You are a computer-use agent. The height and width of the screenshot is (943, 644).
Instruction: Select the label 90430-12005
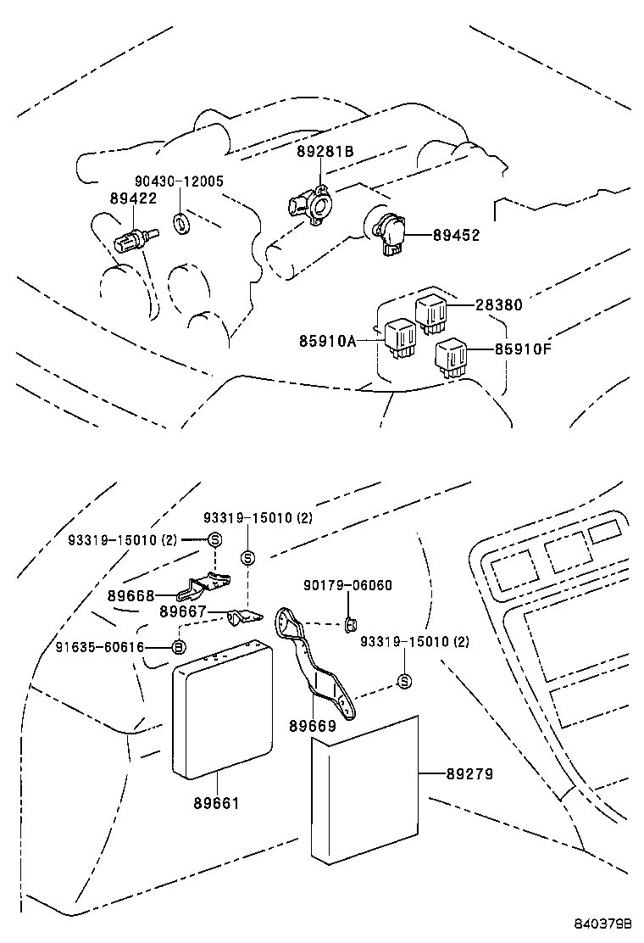[x=179, y=181]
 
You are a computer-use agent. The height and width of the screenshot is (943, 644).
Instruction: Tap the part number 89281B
[x=325, y=152]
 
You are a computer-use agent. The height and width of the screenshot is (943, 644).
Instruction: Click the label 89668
[x=131, y=595]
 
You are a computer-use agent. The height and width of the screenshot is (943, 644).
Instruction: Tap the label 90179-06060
[x=347, y=585]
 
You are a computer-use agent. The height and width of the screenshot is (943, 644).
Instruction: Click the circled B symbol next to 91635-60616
[x=179, y=647]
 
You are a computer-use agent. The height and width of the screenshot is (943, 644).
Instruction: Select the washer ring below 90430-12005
[x=181, y=223]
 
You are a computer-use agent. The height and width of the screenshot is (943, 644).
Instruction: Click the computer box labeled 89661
[x=222, y=708]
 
